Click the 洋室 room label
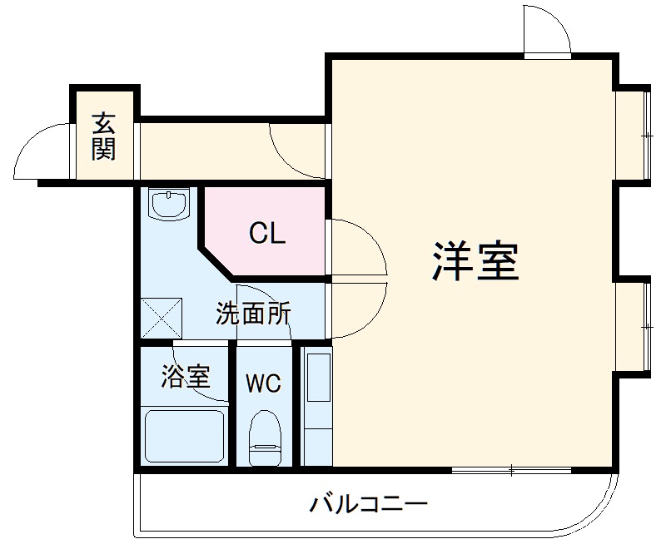[x=475, y=263]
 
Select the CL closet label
[x=267, y=234]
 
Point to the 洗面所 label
[x=253, y=314]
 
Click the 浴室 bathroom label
[x=185, y=378]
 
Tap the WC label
[x=263, y=383]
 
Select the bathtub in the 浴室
[x=185, y=434]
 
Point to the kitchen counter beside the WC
[x=317, y=406]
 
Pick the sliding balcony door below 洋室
[x=511, y=471]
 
